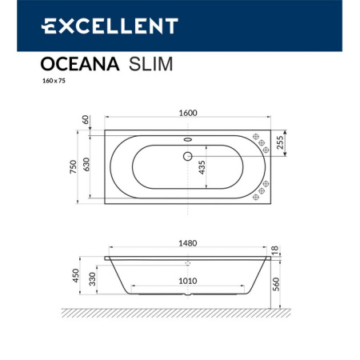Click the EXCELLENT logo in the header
109,26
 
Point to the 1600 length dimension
188,113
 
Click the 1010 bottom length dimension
188,281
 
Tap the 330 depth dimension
94,281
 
